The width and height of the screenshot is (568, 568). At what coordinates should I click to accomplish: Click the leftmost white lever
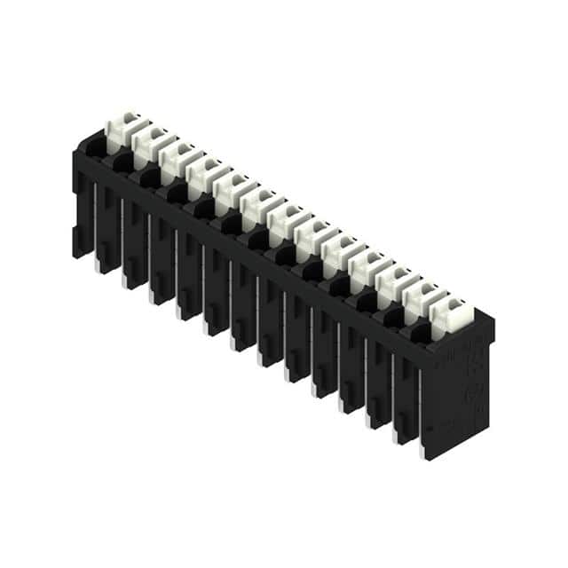(122, 129)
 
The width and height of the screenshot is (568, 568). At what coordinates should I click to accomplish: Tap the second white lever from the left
(149, 143)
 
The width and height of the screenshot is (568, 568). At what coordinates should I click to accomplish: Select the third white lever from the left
(176, 158)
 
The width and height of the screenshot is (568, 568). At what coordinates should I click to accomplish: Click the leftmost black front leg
(83, 213)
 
